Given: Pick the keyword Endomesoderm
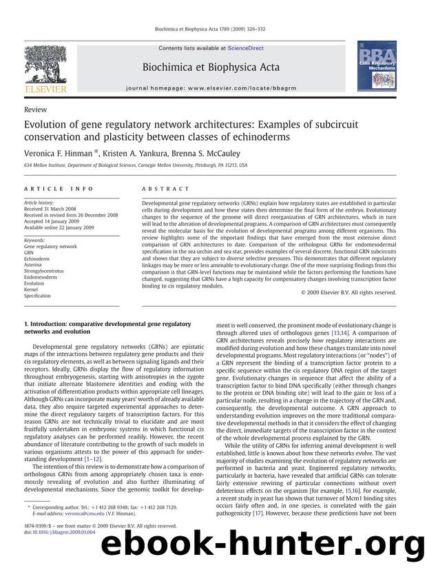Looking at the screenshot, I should pyautogui.click(x=44, y=277).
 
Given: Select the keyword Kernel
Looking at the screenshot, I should pyautogui.click(x=32, y=289).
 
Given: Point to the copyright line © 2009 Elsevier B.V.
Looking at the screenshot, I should pyautogui.click(x=348, y=292).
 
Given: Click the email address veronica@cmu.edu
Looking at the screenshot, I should pyautogui.click(x=79, y=513).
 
